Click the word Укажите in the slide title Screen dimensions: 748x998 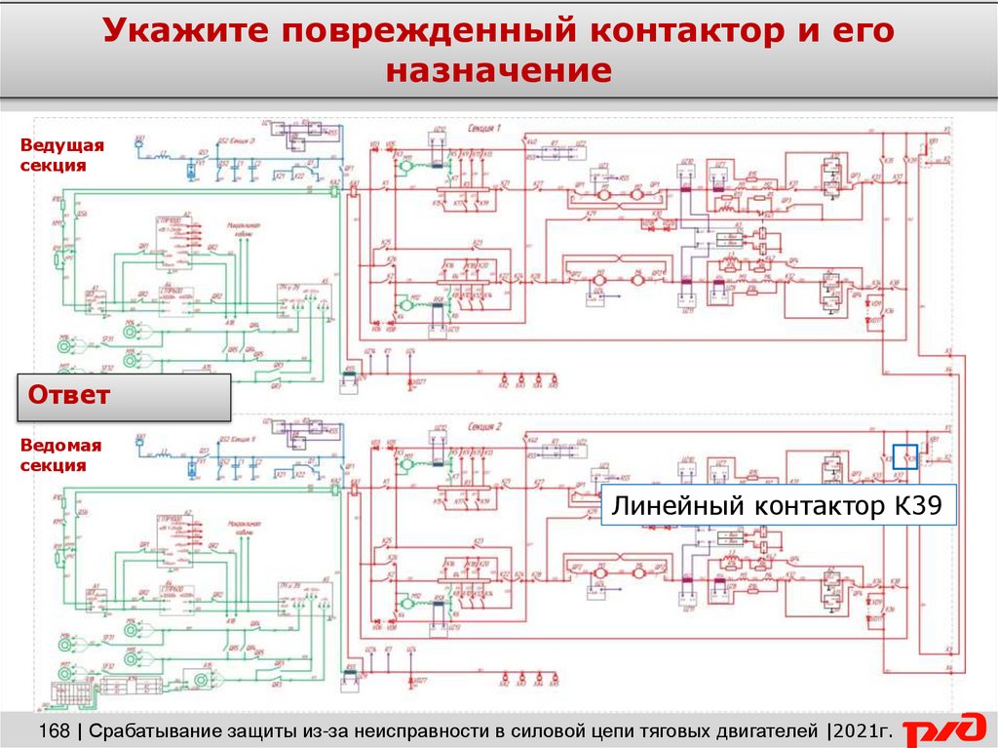(185, 33)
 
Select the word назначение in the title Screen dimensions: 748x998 (498, 71)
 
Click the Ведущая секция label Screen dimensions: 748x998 (61, 155)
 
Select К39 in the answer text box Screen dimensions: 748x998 (917, 507)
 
